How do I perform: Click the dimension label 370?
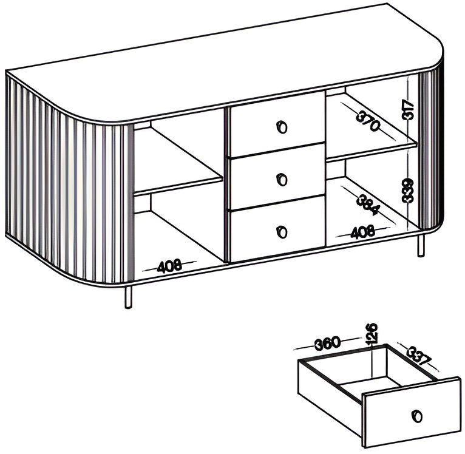click(368, 120)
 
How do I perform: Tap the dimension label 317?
click(408, 110)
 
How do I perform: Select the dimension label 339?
click(408, 191)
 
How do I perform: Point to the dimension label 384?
click(368, 205)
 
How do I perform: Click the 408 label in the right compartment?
click(362, 232)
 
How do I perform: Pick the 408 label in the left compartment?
click(169, 266)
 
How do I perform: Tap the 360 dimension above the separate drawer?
click(327, 343)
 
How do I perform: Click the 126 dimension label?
click(372, 334)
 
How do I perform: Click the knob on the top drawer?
click(282, 127)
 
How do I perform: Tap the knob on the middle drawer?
click(282, 180)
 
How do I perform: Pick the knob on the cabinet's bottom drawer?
click(282, 231)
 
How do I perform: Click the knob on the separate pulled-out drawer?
click(417, 416)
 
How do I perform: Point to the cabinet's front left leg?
click(129, 297)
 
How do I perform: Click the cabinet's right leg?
click(421, 245)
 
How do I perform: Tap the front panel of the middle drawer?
click(276, 177)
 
